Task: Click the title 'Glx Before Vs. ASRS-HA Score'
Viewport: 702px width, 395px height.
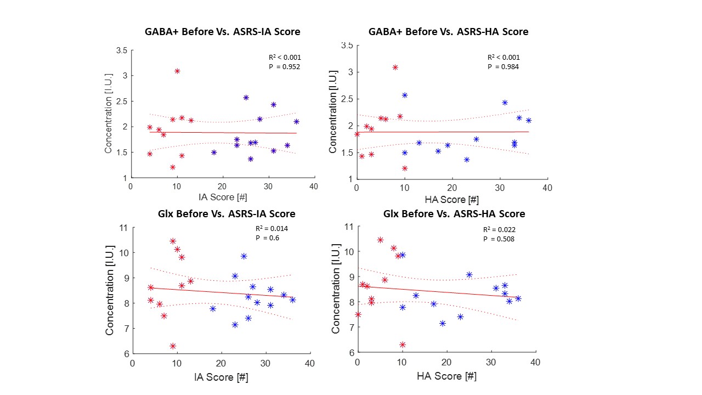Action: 454,214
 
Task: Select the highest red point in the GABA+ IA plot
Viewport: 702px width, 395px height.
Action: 177,71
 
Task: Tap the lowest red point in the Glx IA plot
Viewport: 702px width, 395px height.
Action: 173,346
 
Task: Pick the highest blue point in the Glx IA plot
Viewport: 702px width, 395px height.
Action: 244,256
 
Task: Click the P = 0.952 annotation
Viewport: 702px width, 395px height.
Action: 284,67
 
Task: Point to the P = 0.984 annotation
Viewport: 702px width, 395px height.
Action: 503,67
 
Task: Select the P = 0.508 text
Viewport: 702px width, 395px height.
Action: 499,239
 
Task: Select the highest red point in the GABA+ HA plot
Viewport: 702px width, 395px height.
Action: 395,67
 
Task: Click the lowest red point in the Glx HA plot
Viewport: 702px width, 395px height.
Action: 403,345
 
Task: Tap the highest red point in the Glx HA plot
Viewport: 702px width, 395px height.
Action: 380,240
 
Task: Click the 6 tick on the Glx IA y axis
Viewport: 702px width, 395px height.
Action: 125,354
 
